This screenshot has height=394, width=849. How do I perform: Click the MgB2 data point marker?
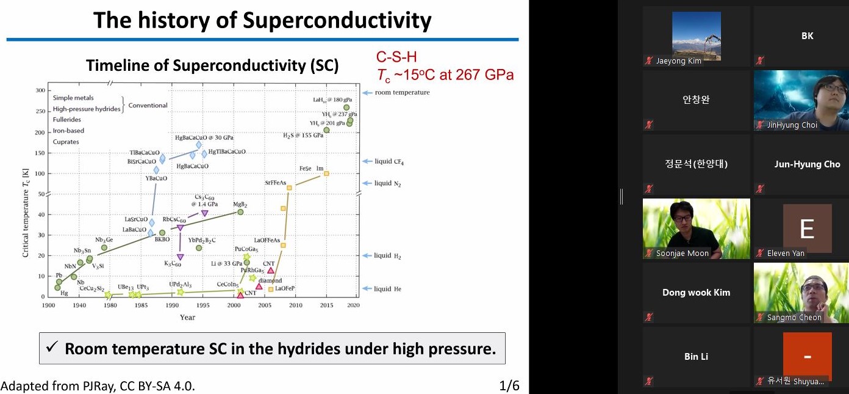[x=240, y=212]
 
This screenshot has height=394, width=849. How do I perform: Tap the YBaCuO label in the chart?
[x=156, y=179]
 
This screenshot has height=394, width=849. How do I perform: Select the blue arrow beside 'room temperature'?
[x=367, y=93]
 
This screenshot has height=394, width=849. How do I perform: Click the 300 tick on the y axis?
[x=40, y=91]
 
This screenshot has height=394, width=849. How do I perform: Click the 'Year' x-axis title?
[x=187, y=317]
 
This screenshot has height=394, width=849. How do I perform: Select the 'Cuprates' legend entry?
[x=66, y=142]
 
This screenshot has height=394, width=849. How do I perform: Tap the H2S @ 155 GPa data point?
[x=326, y=130]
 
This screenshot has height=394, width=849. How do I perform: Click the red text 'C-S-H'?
[x=396, y=58]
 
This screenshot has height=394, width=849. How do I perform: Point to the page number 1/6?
[x=509, y=385]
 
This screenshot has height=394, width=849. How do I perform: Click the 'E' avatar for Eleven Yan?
[x=807, y=228]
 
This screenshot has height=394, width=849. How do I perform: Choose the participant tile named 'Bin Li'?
[x=696, y=357]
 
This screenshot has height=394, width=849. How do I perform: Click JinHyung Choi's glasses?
[x=834, y=88]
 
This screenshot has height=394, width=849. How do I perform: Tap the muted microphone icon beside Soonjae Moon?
[x=649, y=254]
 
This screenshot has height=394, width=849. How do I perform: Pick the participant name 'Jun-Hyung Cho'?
[x=807, y=164]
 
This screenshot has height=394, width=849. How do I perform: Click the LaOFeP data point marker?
[x=271, y=290]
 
